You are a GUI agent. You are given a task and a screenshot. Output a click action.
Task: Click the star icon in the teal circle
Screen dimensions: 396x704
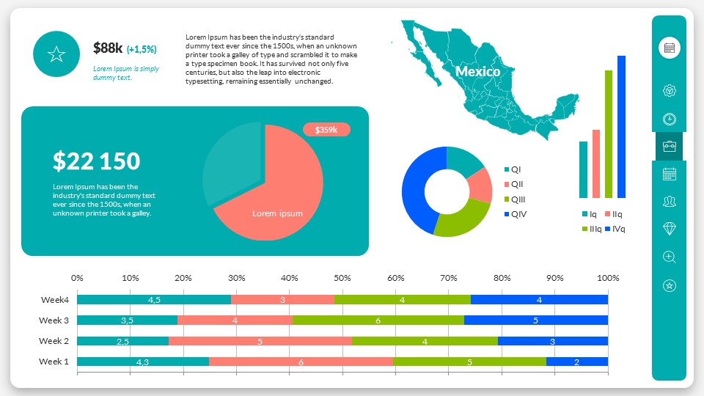56,54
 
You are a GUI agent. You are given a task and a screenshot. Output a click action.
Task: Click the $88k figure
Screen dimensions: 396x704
108,48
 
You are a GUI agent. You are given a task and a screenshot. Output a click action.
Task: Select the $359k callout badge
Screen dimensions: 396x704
326,130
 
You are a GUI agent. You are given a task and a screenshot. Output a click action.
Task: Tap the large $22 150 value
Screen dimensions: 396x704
96,161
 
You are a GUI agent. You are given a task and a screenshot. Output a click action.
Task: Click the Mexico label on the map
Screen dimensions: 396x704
477,72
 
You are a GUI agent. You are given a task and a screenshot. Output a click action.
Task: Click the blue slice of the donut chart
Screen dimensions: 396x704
419,187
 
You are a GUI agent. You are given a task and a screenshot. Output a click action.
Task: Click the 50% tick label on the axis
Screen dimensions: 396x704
342,279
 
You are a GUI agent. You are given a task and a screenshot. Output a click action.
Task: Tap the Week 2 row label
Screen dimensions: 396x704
54,341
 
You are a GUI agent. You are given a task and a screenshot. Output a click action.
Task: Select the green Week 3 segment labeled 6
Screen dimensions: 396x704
378,320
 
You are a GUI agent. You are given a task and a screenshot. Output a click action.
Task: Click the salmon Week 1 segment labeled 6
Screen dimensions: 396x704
301,362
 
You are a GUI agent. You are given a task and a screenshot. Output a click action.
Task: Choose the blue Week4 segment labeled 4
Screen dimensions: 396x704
539,300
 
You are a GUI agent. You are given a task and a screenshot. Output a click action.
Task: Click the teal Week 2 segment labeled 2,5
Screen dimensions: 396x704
122,341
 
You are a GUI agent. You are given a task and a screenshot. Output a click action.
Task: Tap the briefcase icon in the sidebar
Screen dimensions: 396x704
669,146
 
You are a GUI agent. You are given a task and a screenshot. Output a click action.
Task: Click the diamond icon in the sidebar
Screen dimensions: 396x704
669,229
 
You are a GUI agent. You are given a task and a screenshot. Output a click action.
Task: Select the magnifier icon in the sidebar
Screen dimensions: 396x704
669,257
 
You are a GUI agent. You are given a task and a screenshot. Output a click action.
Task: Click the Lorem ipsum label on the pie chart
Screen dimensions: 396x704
277,213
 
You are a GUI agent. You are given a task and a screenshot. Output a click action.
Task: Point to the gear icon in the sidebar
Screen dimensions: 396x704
669,91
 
